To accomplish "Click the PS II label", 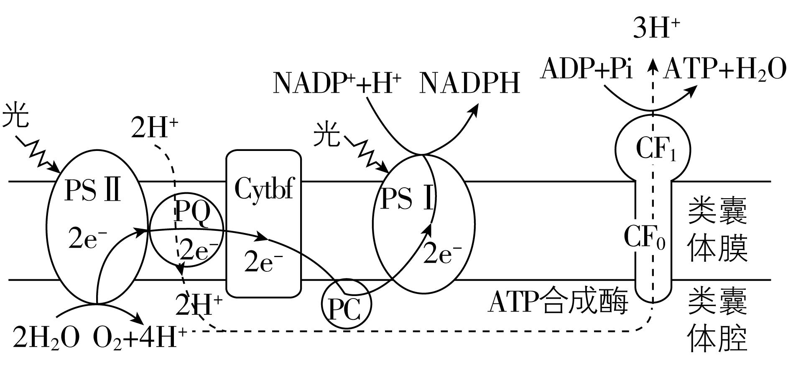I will coord(93,191).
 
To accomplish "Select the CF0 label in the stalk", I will coord(644,237).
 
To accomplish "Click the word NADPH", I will coord(469,83).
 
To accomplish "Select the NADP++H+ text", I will coord(337,83).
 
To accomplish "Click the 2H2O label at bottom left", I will coord(46,337).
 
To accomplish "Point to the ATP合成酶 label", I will coord(558,302).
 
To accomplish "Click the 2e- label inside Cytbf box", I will coord(263,262).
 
